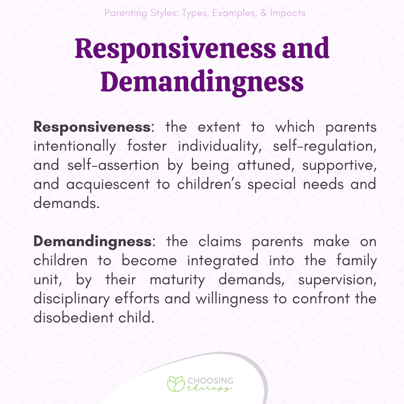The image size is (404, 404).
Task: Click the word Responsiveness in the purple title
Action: pyautogui.click(x=175, y=49)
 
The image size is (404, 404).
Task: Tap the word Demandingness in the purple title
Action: pyautogui.click(x=202, y=82)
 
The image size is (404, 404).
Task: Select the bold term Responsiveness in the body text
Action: pyautogui.click(x=92, y=127)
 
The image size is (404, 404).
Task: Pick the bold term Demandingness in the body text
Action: pyautogui.click(x=93, y=242)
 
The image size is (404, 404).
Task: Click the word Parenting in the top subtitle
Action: pyautogui.click(x=126, y=13)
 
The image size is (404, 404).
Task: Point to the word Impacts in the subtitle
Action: pyautogui.click(x=288, y=13)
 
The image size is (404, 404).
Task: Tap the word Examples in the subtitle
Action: pyautogui.click(x=234, y=13)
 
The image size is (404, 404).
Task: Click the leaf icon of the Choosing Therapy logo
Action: pyautogui.click(x=176, y=384)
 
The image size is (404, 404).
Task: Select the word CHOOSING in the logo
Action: pyautogui.click(x=211, y=381)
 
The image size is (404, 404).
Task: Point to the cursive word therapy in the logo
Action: pyautogui.click(x=209, y=388)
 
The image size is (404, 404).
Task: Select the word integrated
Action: pyautogui.click(x=223, y=261)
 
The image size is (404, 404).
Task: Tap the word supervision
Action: pyautogui.click(x=337, y=280)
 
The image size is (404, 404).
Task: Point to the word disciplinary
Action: pyautogui.click(x=71, y=299)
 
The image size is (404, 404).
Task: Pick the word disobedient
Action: pyautogui.click(x=73, y=318)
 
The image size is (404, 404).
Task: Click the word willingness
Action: pyautogui.click(x=232, y=299)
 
